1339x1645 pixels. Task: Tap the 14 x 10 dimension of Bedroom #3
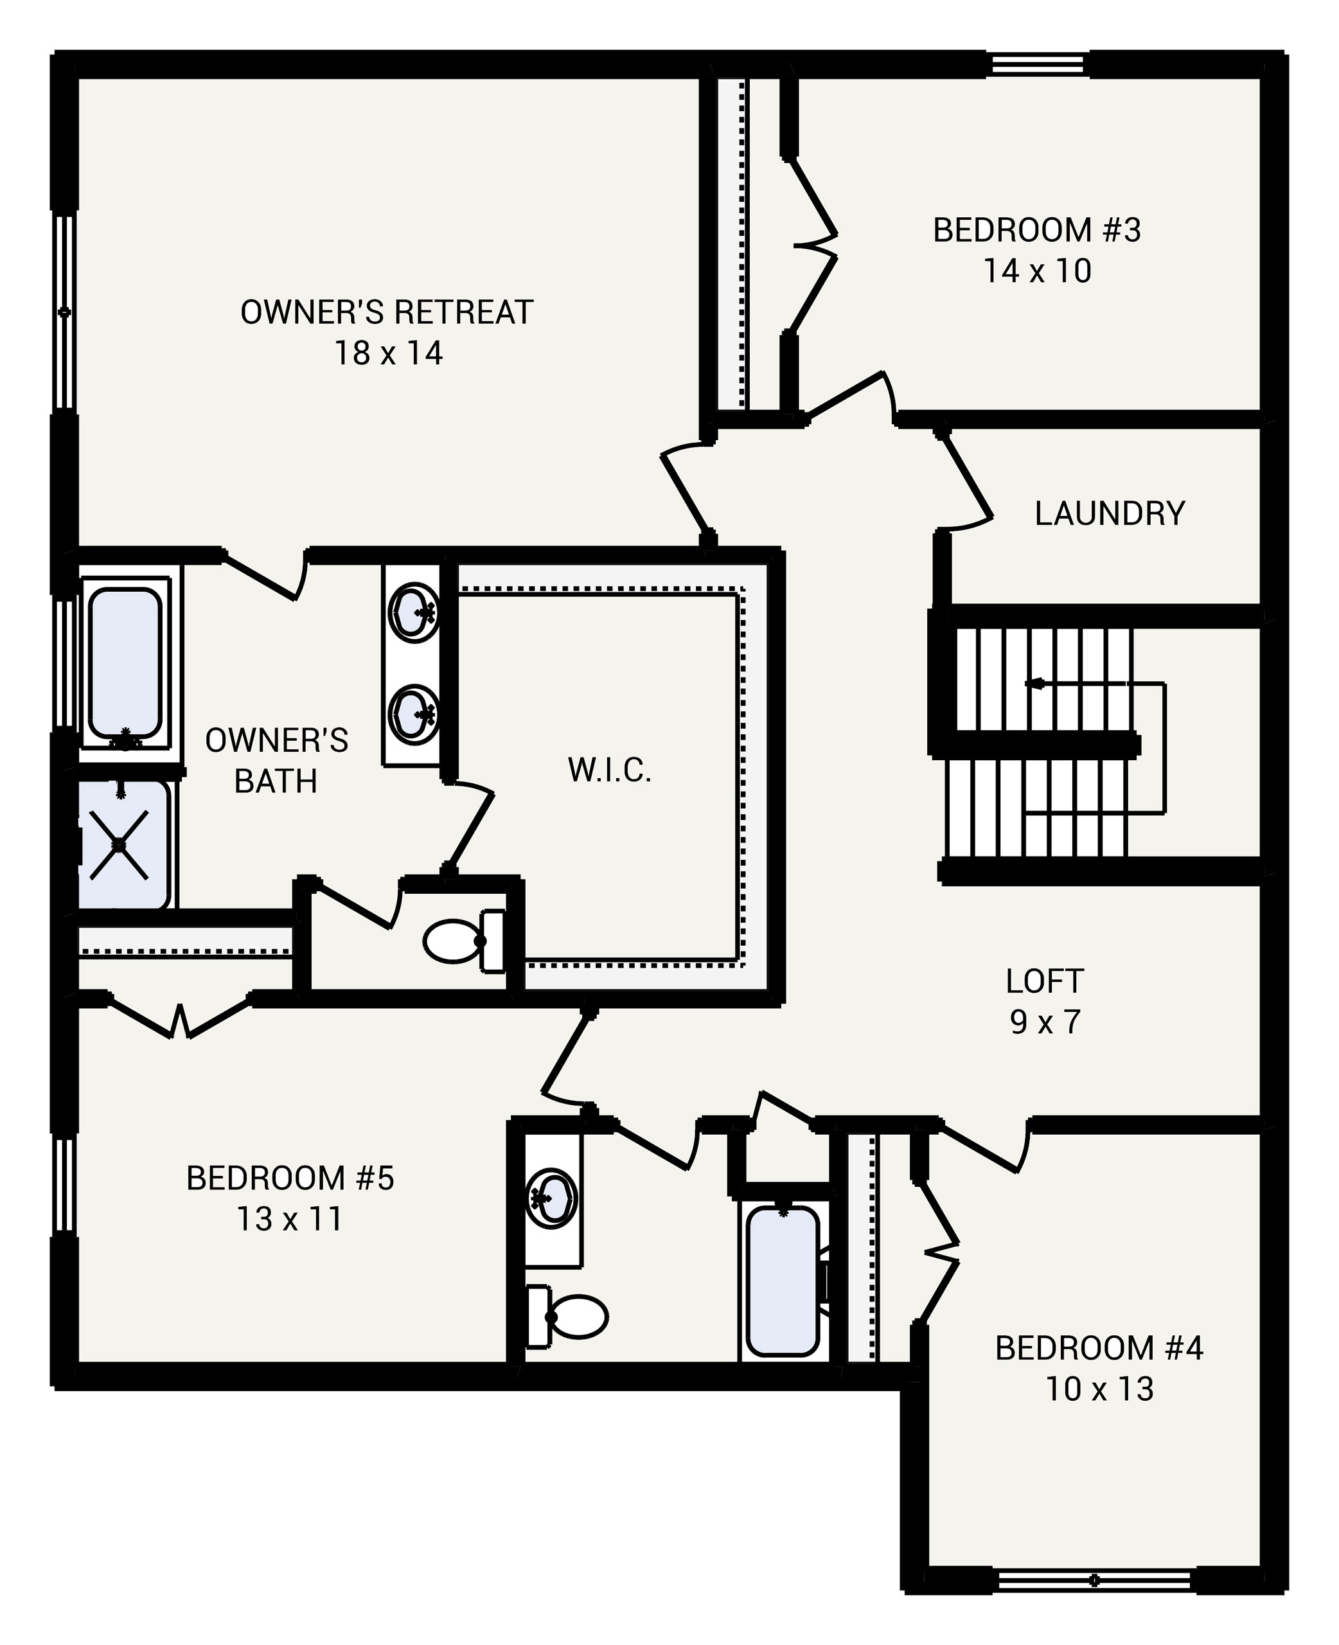click(1036, 271)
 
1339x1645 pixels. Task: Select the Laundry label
click(1109, 513)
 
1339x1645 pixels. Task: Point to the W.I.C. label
click(609, 770)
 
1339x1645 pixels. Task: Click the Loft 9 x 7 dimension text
click(1045, 1022)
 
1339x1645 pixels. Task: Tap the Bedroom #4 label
click(1098, 1348)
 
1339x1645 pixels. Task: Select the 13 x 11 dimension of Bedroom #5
click(289, 1218)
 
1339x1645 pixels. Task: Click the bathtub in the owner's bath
click(124, 663)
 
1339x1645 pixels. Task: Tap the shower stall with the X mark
click(120, 844)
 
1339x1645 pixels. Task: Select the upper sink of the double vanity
click(414, 612)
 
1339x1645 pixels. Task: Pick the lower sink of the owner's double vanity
click(414, 714)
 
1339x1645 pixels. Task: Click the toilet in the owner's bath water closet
click(457, 941)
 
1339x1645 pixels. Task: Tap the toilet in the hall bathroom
click(574, 1316)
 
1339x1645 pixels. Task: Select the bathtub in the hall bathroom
click(782, 1280)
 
